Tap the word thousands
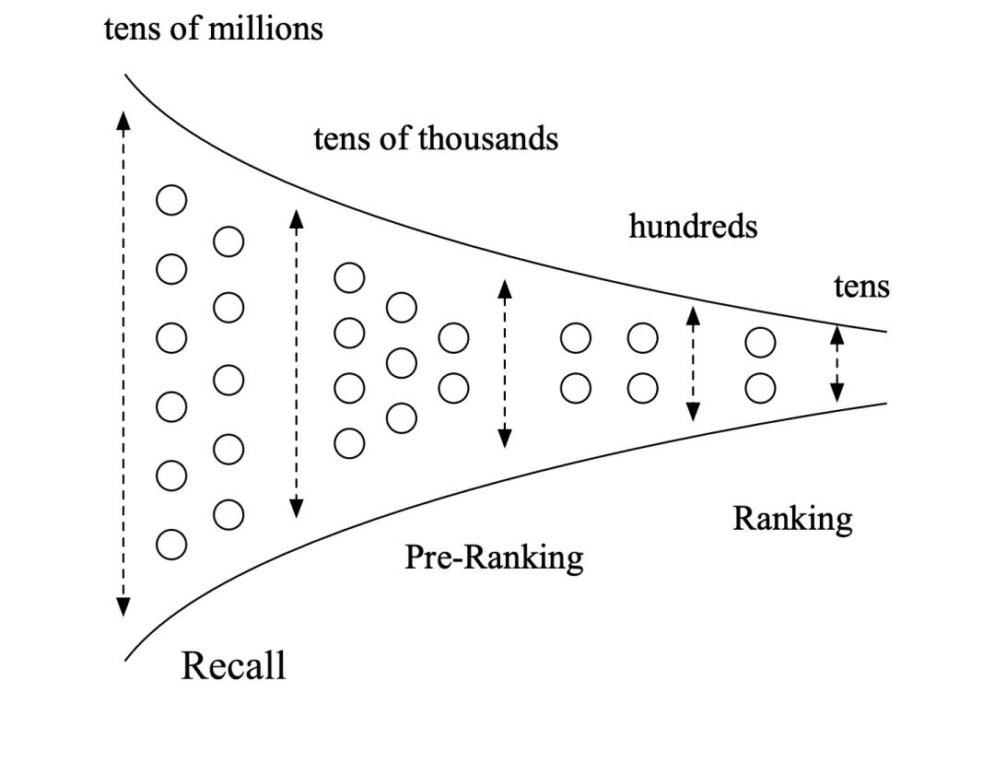tap(488, 138)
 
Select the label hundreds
tap(693, 226)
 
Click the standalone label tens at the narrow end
tap(861, 287)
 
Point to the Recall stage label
tap(233, 665)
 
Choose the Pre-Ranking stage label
tap(494, 557)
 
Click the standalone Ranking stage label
tap(792, 519)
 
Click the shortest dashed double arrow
tap(837, 365)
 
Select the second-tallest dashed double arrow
tap(296, 362)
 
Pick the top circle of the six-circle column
tap(171, 200)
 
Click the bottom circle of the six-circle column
tap(171, 544)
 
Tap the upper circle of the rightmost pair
tap(760, 342)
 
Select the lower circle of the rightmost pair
tap(760, 388)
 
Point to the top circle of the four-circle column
tap(349, 277)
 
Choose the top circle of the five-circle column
tap(228, 242)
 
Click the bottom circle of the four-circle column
tap(349, 443)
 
